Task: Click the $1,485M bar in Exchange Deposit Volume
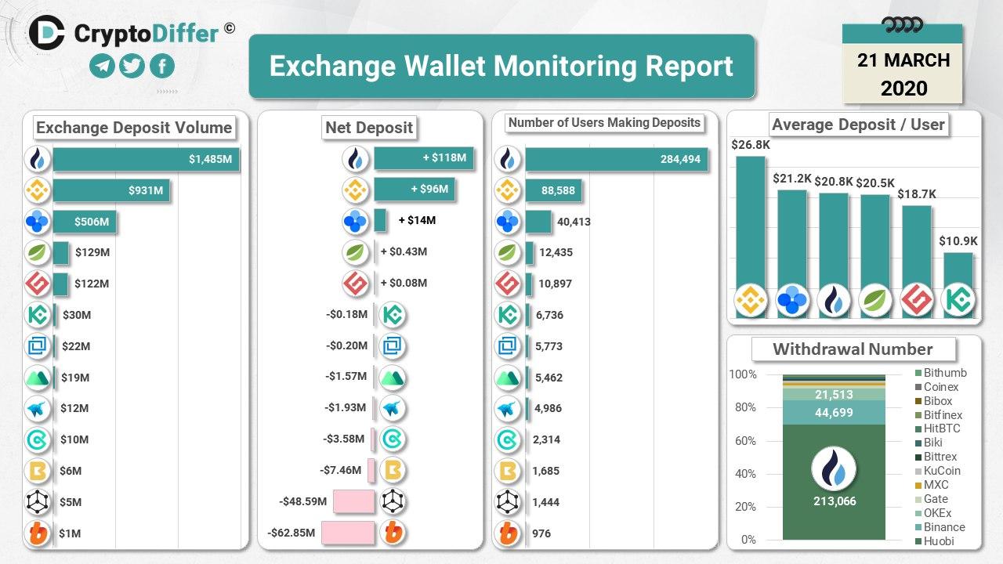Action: (x=146, y=159)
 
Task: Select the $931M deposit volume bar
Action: (x=111, y=190)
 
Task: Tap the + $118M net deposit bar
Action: (x=424, y=158)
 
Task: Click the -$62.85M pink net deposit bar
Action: (x=353, y=533)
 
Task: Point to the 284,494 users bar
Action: (x=617, y=160)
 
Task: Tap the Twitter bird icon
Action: (x=132, y=67)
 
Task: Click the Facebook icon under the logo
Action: (x=161, y=67)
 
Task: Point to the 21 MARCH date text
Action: (x=903, y=60)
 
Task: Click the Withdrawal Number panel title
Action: (x=853, y=349)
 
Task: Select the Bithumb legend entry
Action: (x=944, y=373)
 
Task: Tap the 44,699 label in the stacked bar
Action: (x=834, y=413)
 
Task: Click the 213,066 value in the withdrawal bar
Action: (x=835, y=501)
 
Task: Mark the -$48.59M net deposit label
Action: (x=302, y=501)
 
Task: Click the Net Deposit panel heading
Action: (x=369, y=128)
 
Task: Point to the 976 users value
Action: (x=541, y=533)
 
